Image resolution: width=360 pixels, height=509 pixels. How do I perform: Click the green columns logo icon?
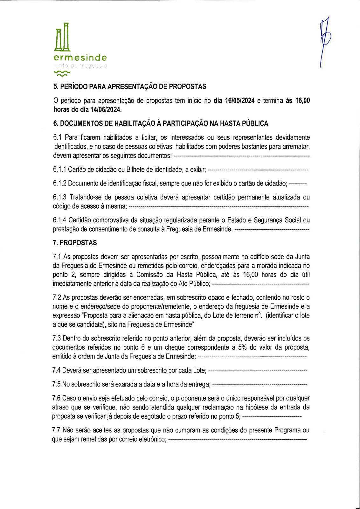[x=62, y=37]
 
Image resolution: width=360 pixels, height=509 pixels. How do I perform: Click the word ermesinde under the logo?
[x=80, y=58]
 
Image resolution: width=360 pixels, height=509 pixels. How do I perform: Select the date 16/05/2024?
[x=239, y=101]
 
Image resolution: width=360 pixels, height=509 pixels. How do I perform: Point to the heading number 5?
[x=55, y=87]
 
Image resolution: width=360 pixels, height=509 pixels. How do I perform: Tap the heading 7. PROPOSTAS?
[x=75, y=243]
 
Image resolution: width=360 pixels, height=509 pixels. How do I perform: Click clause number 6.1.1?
[x=59, y=170]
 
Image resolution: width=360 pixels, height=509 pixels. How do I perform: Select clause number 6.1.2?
[x=59, y=183]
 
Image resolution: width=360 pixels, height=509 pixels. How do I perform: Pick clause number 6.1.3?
[x=59, y=197]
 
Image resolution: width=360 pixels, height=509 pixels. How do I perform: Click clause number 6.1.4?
[x=59, y=220]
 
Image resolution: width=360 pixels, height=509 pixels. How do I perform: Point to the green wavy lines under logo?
[x=62, y=73]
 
